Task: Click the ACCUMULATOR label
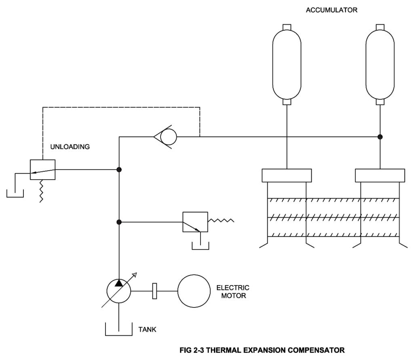332,11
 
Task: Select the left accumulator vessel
287,64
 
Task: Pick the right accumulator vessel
380,64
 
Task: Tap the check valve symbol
166,137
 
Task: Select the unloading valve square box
42,169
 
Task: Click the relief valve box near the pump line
195,222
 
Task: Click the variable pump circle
119,290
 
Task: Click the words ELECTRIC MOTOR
233,292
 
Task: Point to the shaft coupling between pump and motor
154,291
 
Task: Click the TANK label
148,330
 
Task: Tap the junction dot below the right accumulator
380,137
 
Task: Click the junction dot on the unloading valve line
119,169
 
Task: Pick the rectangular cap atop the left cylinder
287,176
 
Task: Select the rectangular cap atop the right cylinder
380,176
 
